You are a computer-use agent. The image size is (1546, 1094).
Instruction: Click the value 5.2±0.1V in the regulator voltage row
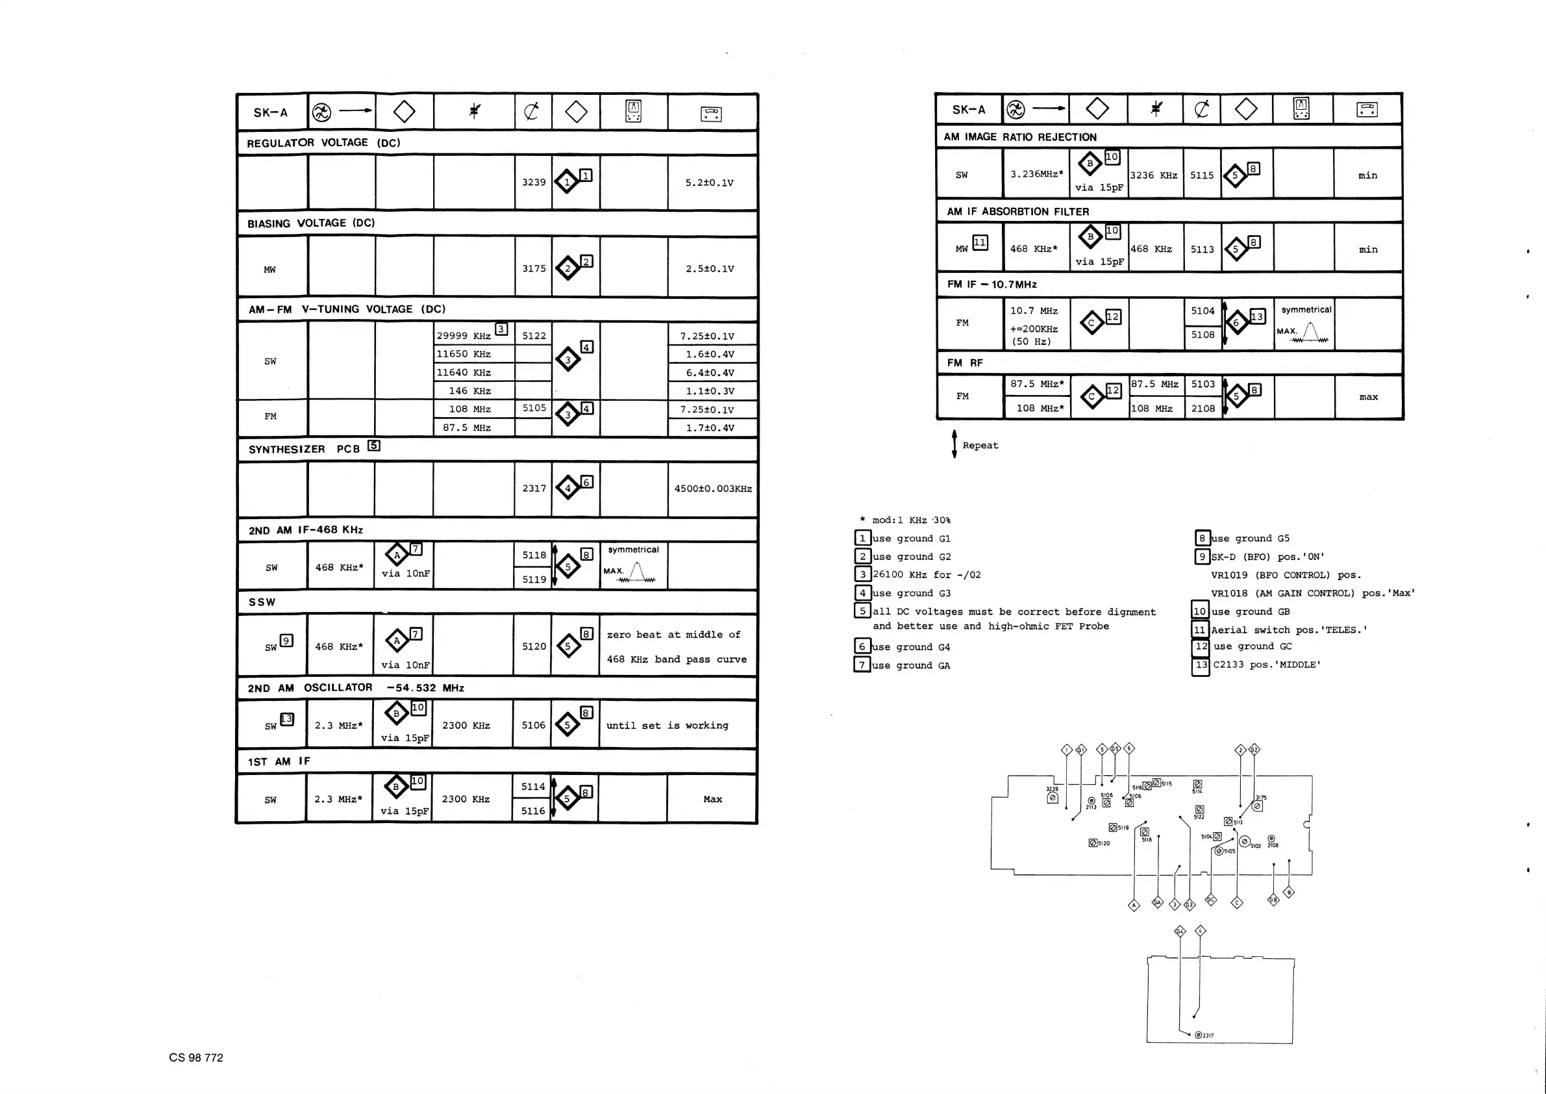click(x=709, y=183)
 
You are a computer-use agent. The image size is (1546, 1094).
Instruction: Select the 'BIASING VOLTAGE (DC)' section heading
click(x=310, y=223)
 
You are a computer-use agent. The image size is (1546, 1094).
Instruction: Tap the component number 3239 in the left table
click(x=533, y=182)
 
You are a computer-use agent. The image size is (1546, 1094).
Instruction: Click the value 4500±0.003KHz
click(x=712, y=489)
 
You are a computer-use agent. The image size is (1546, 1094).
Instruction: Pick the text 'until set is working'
click(x=667, y=726)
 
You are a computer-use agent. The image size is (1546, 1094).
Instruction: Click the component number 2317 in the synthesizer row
click(x=534, y=489)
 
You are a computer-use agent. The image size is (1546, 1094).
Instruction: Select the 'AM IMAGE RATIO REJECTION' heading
click(x=1019, y=136)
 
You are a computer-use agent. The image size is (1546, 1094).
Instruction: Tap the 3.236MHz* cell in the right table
click(x=1036, y=174)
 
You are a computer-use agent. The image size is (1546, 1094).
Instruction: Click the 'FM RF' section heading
click(x=964, y=363)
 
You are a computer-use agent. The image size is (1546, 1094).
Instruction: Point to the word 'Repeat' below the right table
click(x=980, y=445)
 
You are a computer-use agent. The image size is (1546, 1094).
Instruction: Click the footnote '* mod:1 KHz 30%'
click(x=905, y=520)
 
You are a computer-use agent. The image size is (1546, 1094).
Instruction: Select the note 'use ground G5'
click(x=1250, y=539)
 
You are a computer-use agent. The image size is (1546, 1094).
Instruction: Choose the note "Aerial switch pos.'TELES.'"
click(x=1289, y=630)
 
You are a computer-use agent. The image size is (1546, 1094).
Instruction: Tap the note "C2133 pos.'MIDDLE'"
click(x=1267, y=665)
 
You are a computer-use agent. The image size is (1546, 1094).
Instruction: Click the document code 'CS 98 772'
click(x=196, y=1058)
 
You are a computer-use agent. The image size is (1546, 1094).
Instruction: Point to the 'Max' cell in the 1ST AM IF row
click(x=712, y=799)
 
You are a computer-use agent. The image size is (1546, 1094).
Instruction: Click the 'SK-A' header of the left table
click(x=270, y=112)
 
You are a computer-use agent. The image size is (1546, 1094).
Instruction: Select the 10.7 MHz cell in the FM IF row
click(x=1034, y=311)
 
